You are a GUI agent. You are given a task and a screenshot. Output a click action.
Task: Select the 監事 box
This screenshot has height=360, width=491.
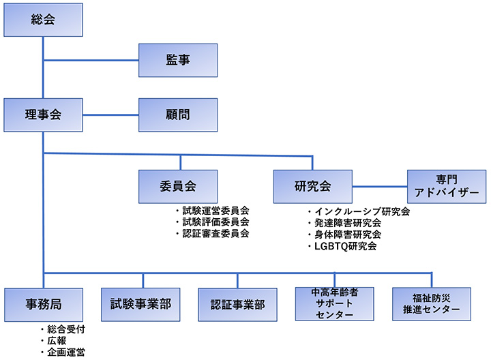(x=178, y=61)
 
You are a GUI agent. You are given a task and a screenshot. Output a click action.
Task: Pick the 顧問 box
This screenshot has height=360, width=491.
(x=178, y=115)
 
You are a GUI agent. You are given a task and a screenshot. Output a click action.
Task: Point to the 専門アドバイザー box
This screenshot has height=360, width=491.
(x=448, y=186)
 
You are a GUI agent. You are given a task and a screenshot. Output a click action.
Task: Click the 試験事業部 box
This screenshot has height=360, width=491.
(x=141, y=304)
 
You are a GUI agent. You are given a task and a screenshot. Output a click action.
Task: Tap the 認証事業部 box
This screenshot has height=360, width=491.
(x=237, y=304)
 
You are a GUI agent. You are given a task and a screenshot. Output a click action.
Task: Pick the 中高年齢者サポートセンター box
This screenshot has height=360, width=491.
(x=335, y=304)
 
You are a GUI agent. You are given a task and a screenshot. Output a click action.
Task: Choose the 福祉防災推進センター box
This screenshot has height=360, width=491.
(x=432, y=304)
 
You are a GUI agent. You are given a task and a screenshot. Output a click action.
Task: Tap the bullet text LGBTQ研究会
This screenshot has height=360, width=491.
(x=345, y=245)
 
